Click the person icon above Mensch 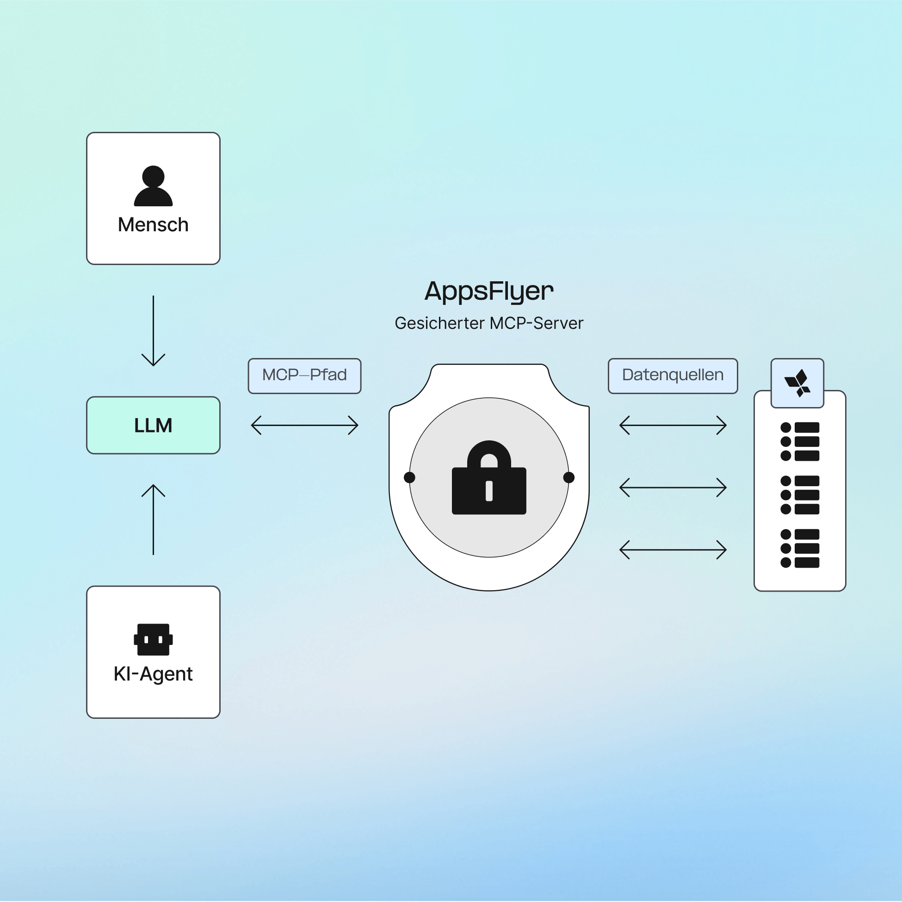pyautogui.click(x=153, y=186)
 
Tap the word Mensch pyautogui.click(x=153, y=225)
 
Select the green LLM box pyautogui.click(x=153, y=425)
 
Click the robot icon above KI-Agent pyautogui.click(x=153, y=639)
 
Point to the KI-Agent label pyautogui.click(x=153, y=673)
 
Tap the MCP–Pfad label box pyautogui.click(x=304, y=376)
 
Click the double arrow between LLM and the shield pyautogui.click(x=304, y=425)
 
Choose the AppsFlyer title pyautogui.click(x=489, y=291)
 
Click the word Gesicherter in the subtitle pyautogui.click(x=439, y=323)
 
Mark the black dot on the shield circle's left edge pyautogui.click(x=409, y=477)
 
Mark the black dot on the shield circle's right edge pyautogui.click(x=568, y=477)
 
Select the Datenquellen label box pyautogui.click(x=673, y=376)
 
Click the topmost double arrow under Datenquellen pyautogui.click(x=673, y=425)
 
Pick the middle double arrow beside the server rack pyautogui.click(x=673, y=488)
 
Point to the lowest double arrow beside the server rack pyautogui.click(x=673, y=550)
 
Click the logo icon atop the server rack pyautogui.click(x=797, y=383)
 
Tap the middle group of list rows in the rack pyautogui.click(x=800, y=495)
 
